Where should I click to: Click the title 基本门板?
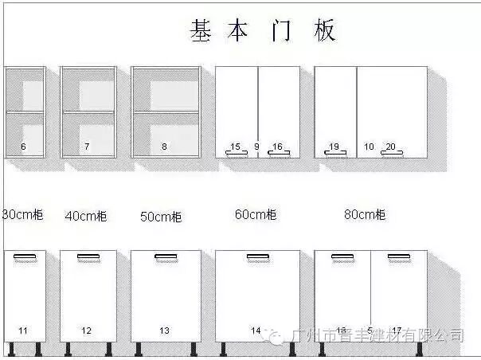point(263,30)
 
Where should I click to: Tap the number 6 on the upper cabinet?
point(23,147)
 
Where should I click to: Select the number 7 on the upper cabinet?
point(87,147)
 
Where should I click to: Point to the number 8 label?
point(164,147)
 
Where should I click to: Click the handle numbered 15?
point(236,152)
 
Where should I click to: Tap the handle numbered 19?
point(334,152)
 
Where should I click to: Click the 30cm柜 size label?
point(22,215)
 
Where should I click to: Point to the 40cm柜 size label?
point(86,216)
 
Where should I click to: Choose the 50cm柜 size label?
point(161,217)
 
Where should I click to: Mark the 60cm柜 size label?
point(256,214)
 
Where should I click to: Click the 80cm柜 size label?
point(365,214)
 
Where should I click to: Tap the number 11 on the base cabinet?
point(23,330)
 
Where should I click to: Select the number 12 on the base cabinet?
point(87,330)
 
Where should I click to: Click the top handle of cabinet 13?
point(166,256)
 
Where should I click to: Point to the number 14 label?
point(256,330)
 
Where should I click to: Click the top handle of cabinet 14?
point(257,256)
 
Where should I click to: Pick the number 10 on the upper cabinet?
point(369,147)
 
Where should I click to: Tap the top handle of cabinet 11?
point(25,256)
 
